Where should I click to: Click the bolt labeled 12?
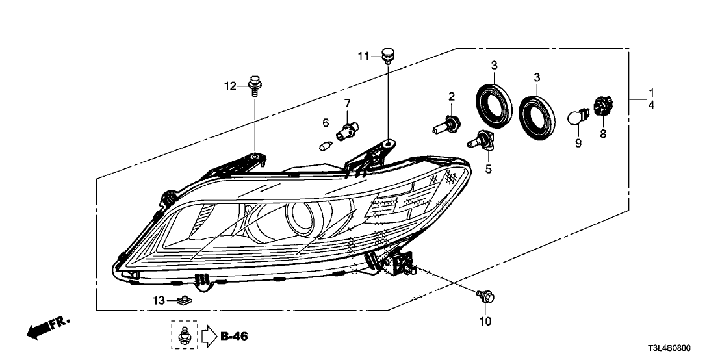[x=254, y=87]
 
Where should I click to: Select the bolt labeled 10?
[x=484, y=296]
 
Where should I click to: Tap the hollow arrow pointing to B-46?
[x=209, y=336]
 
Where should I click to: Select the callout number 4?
[x=651, y=104]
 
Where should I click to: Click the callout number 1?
[x=651, y=92]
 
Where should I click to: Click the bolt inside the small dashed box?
[x=185, y=335]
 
